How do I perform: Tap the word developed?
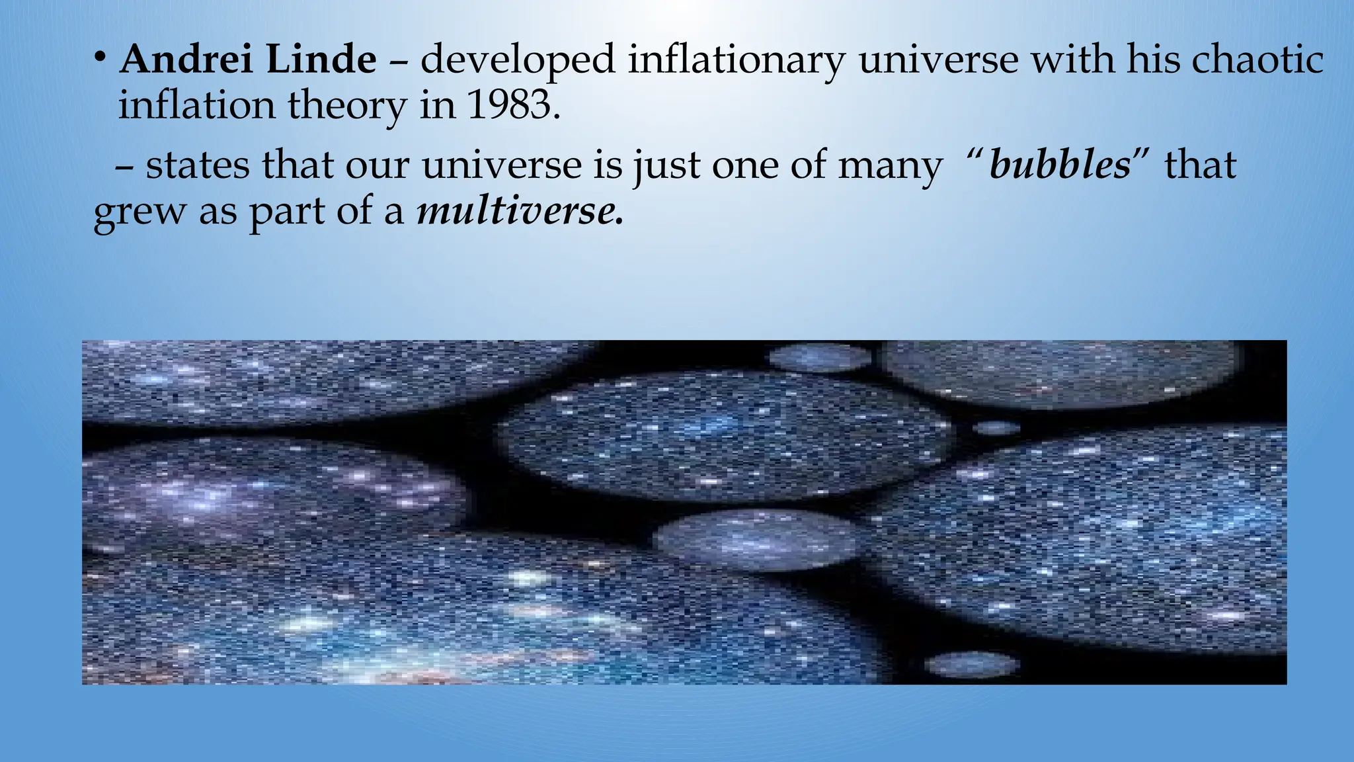pyautogui.click(x=518, y=61)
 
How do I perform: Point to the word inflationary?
pyautogui.click(x=736, y=61)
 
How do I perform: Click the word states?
pyautogui.click(x=198, y=165)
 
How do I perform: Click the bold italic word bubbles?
pyautogui.click(x=1060, y=165)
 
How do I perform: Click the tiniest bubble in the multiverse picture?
pyautogui.click(x=996, y=428)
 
